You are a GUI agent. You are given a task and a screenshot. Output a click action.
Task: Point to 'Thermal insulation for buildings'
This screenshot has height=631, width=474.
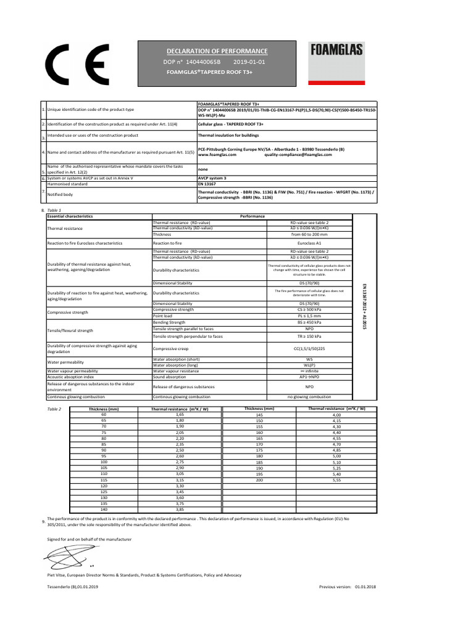(228, 135)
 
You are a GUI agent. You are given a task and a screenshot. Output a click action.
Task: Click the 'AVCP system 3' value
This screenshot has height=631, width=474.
(212, 178)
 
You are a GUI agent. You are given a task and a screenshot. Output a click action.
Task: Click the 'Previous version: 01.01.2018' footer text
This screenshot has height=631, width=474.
(347, 587)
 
